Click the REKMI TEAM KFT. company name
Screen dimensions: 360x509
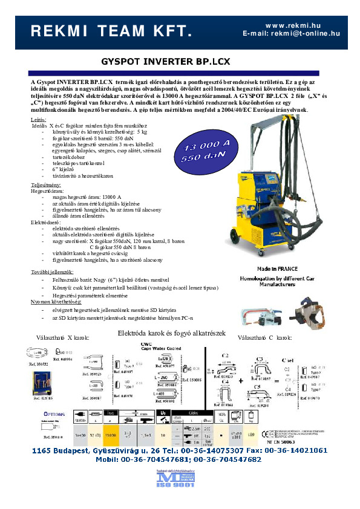click(112, 31)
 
